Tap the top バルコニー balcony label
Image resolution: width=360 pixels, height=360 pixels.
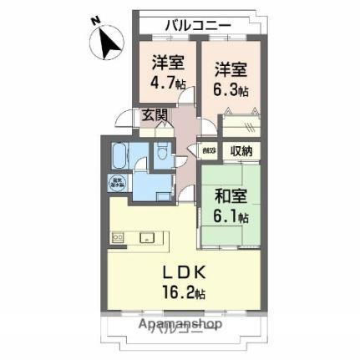197,25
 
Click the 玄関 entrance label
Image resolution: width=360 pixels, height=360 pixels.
154,115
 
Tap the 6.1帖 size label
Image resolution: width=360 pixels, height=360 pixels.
230,216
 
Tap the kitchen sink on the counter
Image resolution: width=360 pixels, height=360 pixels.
149,236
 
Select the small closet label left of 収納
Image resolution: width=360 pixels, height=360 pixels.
208,151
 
